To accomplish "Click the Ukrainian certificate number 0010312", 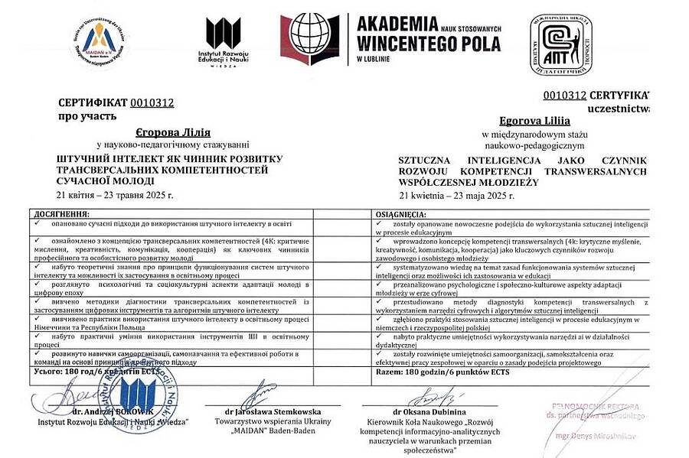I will tap(152, 102).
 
